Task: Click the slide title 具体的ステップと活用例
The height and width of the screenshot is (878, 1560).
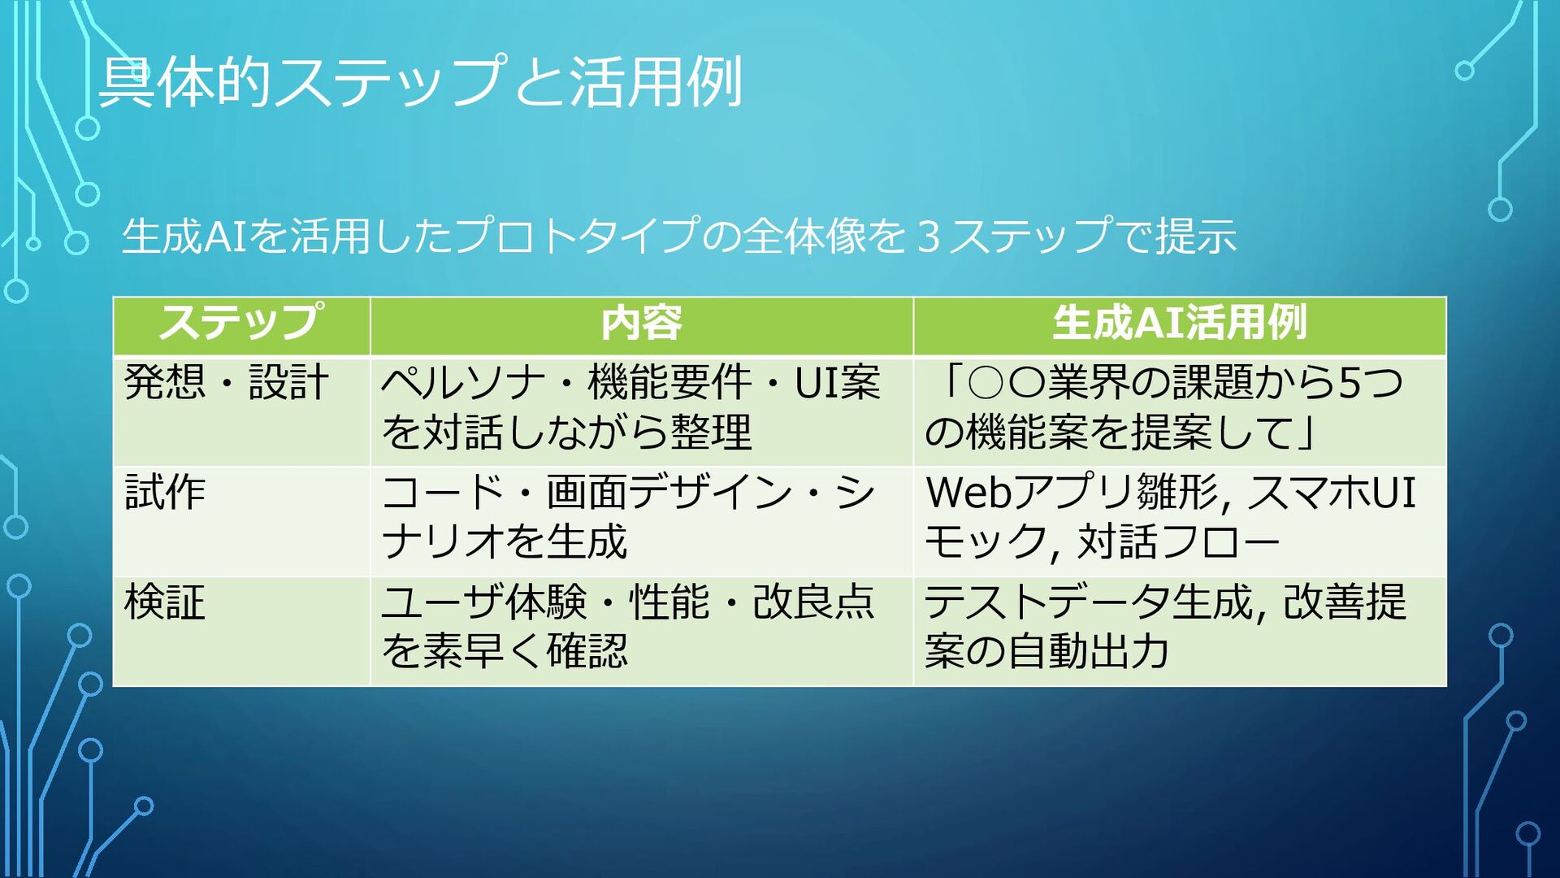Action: [x=420, y=82]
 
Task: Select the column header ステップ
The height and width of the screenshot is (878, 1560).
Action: [x=241, y=323]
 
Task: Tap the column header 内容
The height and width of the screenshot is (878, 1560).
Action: [x=641, y=323]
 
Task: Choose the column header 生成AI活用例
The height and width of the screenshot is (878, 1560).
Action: [x=1179, y=323]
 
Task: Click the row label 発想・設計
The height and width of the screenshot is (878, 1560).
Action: [x=226, y=382]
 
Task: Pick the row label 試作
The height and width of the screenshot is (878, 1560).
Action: [x=165, y=493]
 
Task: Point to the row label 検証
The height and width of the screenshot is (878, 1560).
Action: [x=165, y=603]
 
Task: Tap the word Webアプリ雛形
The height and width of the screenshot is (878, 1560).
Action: [x=1072, y=493]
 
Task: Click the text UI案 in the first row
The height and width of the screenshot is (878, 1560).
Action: [x=837, y=382]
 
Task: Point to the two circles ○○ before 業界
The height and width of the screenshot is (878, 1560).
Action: [x=1006, y=382]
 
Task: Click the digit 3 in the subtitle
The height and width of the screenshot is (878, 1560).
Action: [x=928, y=237]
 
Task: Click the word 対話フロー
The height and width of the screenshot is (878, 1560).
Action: [x=1178, y=541]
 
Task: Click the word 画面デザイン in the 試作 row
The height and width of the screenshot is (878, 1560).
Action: [x=669, y=493]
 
